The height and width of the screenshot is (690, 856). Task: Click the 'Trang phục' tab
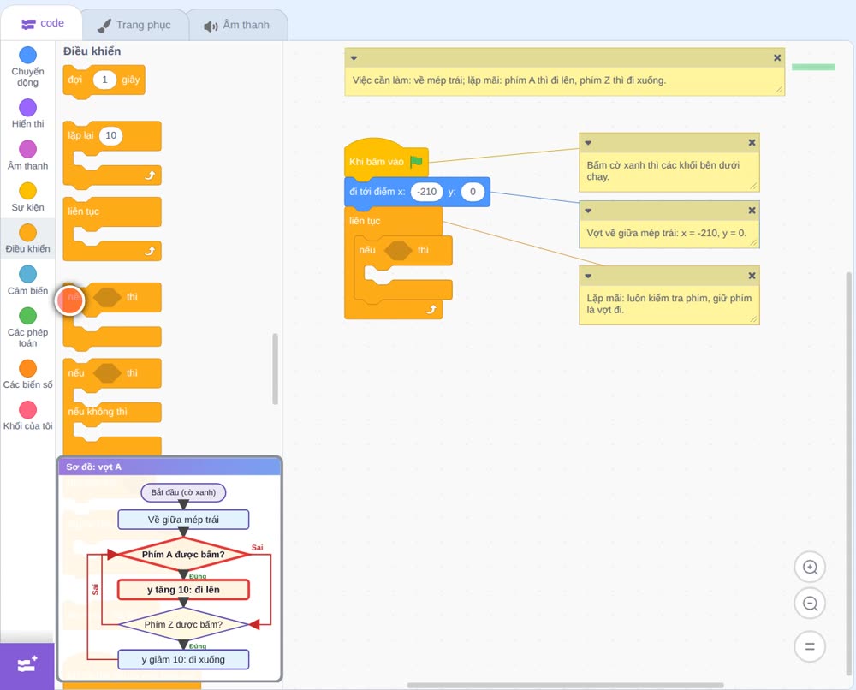click(135, 25)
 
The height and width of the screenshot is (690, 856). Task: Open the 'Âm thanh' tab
click(237, 25)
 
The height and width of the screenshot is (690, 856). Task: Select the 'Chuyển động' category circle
click(28, 55)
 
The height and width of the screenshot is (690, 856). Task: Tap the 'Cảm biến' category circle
click(28, 274)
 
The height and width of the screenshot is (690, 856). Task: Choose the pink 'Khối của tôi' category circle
click(28, 409)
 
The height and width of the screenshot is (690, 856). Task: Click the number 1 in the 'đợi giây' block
click(104, 80)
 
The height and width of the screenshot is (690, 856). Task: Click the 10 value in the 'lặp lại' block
click(110, 135)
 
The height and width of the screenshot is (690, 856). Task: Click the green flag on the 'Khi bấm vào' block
click(416, 162)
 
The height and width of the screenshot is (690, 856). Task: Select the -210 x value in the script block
click(427, 192)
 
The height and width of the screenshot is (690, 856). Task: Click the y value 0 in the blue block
click(473, 192)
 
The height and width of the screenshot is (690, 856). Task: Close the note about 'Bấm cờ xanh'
click(752, 142)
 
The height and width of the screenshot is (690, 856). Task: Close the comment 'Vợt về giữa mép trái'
click(752, 210)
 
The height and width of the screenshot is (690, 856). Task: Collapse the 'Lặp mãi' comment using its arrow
click(588, 276)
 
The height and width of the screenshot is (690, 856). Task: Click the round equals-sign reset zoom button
click(810, 646)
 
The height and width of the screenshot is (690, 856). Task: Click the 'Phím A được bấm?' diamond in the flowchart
click(183, 555)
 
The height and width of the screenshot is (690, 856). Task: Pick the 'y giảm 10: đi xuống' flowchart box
click(183, 659)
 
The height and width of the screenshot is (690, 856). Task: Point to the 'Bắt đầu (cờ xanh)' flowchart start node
click(183, 492)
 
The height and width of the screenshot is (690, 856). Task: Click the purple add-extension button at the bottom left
click(27, 665)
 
